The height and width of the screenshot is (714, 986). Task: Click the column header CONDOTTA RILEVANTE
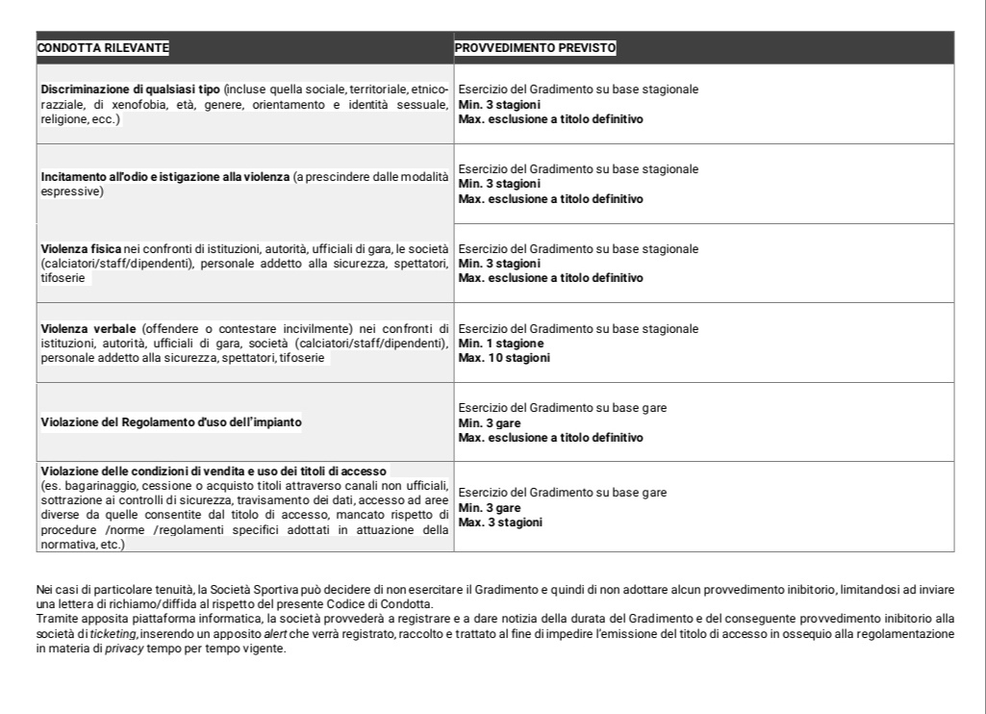103,47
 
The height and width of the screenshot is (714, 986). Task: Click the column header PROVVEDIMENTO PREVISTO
536,47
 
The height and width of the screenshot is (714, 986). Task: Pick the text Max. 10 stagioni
504,358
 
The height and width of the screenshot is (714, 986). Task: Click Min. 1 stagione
501,344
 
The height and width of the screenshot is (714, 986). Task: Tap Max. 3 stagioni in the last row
500,523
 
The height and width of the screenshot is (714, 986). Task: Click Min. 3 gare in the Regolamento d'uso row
490,422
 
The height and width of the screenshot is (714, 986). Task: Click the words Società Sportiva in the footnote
241,589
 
